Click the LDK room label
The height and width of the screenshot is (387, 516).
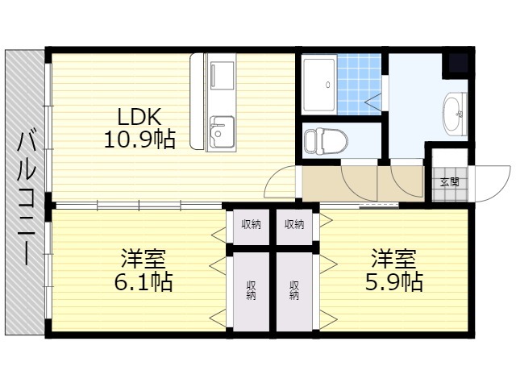(139, 117)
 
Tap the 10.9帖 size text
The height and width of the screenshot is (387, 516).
(139, 139)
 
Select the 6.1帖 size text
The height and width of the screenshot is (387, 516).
(144, 282)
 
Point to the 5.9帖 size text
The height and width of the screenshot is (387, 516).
(394, 282)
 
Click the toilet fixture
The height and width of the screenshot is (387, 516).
(325, 141)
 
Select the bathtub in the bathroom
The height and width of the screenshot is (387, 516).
(319, 85)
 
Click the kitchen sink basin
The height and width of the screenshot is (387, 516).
(221, 131)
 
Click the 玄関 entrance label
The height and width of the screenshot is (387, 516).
(450, 182)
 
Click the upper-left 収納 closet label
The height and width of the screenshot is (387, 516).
(251, 224)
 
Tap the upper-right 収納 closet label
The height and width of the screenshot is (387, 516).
(294, 224)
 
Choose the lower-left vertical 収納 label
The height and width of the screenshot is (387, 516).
(251, 290)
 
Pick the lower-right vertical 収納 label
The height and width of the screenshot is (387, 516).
(293, 290)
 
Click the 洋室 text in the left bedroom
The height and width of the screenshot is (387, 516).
(144, 259)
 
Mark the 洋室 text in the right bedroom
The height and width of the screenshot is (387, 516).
(394, 259)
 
